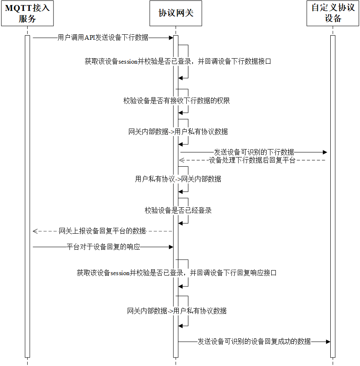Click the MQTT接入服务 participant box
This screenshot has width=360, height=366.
[27, 13]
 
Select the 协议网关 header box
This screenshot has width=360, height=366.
[176, 13]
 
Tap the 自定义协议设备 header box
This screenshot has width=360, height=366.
[333, 13]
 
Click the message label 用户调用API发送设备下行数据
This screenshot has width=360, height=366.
[103, 38]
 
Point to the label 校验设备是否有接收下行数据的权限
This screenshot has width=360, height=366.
[177, 101]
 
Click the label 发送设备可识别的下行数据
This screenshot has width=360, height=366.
[254, 152]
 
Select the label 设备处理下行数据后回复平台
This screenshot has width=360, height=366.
[252, 160]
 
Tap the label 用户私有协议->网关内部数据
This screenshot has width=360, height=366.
[178, 179]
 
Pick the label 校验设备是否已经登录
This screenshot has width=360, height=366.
[178, 211]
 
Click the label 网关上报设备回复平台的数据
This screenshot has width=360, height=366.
[102, 231]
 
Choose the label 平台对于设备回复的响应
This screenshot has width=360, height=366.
[103, 247]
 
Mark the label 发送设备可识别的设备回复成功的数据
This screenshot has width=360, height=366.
[255, 341]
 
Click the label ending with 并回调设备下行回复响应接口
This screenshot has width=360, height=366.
[177, 273]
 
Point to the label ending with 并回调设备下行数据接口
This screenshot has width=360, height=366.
[178, 62]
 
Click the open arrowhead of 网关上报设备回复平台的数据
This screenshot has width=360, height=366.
[35, 231]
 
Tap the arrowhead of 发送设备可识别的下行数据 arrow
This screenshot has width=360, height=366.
[325, 152]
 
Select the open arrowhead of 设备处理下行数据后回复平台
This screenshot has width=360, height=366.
[182, 160]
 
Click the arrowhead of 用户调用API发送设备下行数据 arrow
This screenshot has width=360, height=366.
[171, 38]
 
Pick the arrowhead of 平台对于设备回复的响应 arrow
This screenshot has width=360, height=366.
[171, 247]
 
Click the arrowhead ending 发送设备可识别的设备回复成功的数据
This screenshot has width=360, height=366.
[328, 341]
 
